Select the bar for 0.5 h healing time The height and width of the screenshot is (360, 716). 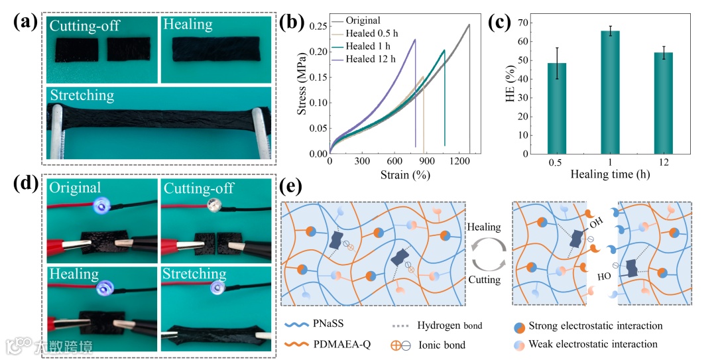[x=557, y=109]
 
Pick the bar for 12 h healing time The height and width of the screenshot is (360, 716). [x=663, y=103]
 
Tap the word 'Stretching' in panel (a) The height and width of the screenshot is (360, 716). [x=82, y=95]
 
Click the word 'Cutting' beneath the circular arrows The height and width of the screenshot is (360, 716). [x=484, y=280]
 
